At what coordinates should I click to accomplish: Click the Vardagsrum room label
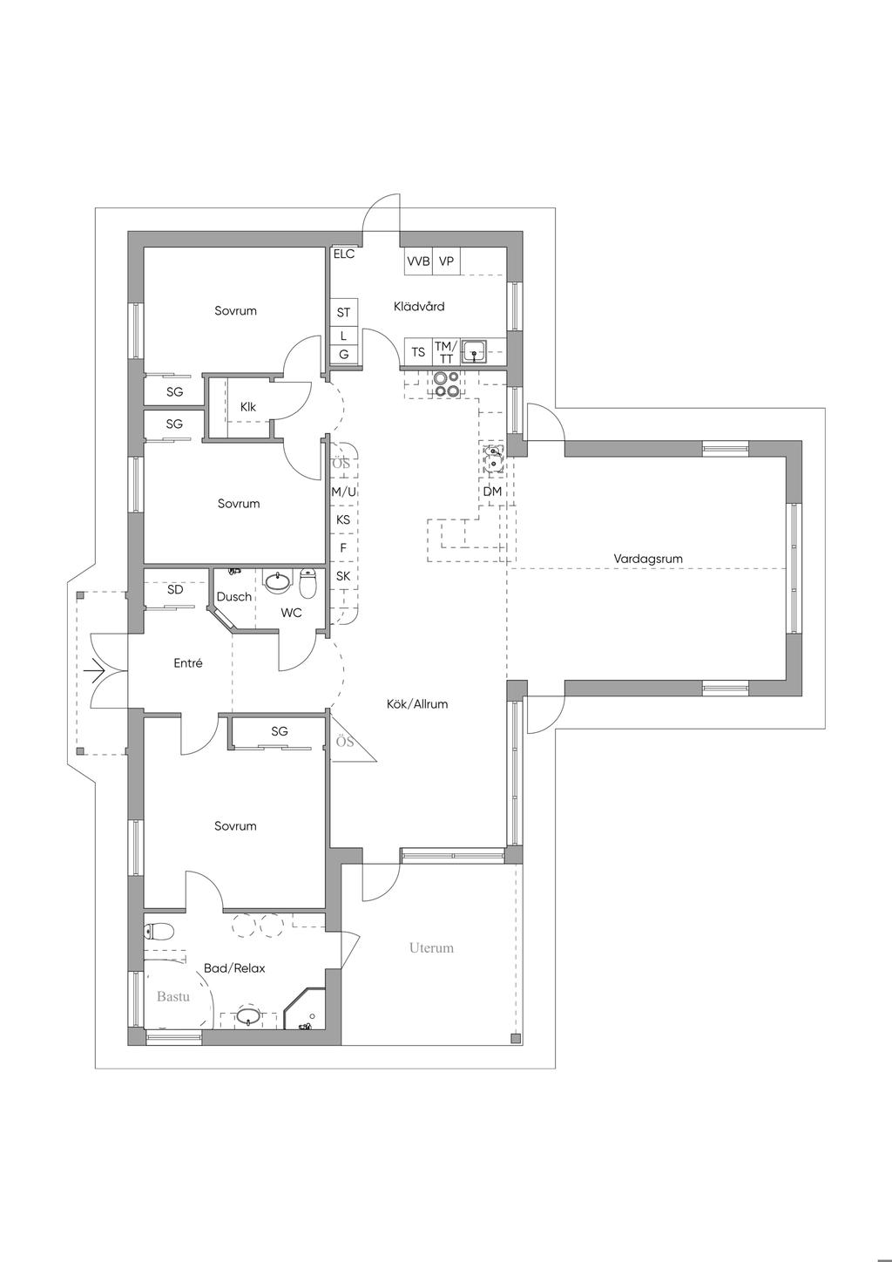click(x=647, y=559)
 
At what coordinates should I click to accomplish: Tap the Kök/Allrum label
click(x=417, y=703)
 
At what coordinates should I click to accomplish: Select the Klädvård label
click(x=419, y=307)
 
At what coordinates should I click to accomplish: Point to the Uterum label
click(x=431, y=947)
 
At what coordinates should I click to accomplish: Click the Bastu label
click(x=172, y=997)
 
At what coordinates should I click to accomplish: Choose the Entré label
click(x=188, y=663)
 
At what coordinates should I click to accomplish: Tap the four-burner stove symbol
click(x=447, y=384)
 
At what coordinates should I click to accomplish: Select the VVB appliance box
click(x=418, y=261)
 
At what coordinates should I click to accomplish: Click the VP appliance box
click(x=447, y=261)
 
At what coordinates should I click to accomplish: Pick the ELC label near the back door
click(x=344, y=254)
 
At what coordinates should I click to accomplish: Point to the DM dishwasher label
click(x=492, y=492)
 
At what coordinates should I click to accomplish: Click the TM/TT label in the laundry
click(x=446, y=353)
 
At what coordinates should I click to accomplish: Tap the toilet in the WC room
click(x=308, y=583)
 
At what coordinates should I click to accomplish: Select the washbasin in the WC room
click(x=278, y=581)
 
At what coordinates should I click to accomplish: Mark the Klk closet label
click(x=247, y=407)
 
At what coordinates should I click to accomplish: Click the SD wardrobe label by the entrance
click(x=175, y=589)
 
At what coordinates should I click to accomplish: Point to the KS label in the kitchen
click(x=343, y=519)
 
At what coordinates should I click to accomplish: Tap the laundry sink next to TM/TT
click(x=474, y=352)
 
